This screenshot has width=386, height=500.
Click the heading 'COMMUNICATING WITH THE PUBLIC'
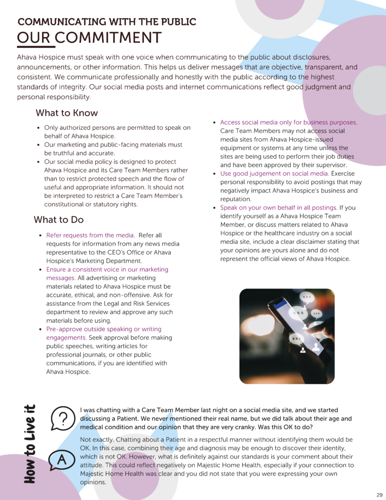[x=107, y=22]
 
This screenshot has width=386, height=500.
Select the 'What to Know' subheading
[x=66, y=113]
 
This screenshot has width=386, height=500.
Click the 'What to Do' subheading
[x=59, y=220]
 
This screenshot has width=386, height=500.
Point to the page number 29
[x=379, y=494]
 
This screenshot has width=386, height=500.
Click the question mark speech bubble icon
[x=62, y=418]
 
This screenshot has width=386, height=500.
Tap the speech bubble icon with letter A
[x=62, y=459]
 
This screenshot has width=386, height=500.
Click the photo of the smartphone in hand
[x=286, y=336]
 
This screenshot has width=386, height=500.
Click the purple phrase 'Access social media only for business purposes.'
[x=288, y=123]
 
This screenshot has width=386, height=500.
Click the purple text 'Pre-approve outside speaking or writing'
[x=103, y=329]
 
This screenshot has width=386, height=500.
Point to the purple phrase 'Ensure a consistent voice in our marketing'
[x=107, y=270]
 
